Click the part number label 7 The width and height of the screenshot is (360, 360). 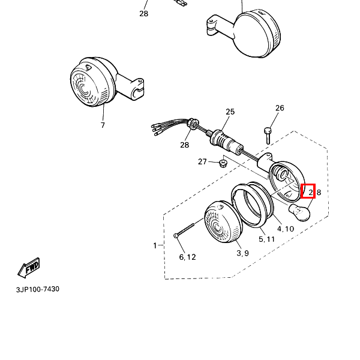click(x=103, y=125)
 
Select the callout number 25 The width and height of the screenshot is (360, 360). click(x=230, y=112)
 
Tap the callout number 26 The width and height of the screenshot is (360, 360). click(x=280, y=108)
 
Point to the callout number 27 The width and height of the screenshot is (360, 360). click(x=202, y=162)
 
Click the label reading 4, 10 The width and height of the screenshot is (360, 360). click(x=285, y=229)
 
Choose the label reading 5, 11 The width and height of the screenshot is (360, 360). click(x=266, y=239)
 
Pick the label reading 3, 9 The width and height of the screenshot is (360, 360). click(x=242, y=253)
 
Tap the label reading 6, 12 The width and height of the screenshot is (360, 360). click(x=188, y=257)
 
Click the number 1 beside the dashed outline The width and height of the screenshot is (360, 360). click(x=155, y=245)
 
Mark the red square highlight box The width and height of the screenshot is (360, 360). click(x=308, y=191)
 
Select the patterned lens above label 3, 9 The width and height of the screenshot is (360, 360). click(x=223, y=224)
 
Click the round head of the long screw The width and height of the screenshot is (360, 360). click(x=175, y=236)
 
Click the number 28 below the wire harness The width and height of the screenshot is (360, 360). click(x=185, y=145)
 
